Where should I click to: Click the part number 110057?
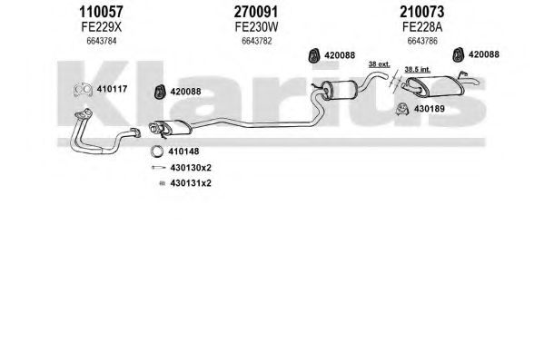tap(101, 12)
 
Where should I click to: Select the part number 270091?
tap(256, 12)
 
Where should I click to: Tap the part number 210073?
tap(422, 12)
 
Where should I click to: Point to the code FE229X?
tap(102, 27)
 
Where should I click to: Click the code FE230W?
tap(256, 27)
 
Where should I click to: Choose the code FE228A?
tap(422, 27)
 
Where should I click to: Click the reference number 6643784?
tap(102, 41)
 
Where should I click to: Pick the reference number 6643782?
tap(257, 41)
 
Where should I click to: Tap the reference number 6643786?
tap(422, 41)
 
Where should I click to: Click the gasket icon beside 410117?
tap(83, 90)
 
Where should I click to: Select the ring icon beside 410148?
tap(157, 152)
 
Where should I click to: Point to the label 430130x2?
tap(191, 168)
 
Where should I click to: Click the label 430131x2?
tap(191, 183)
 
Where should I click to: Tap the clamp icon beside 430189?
tap(402, 109)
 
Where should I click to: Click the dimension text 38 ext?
tap(379, 64)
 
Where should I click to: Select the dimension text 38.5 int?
tap(418, 69)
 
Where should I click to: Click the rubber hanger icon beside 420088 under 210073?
tap(459, 55)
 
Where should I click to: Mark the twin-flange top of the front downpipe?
tap(84, 113)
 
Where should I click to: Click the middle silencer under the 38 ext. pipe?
tap(339, 90)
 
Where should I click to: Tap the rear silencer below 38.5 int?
tap(434, 86)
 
